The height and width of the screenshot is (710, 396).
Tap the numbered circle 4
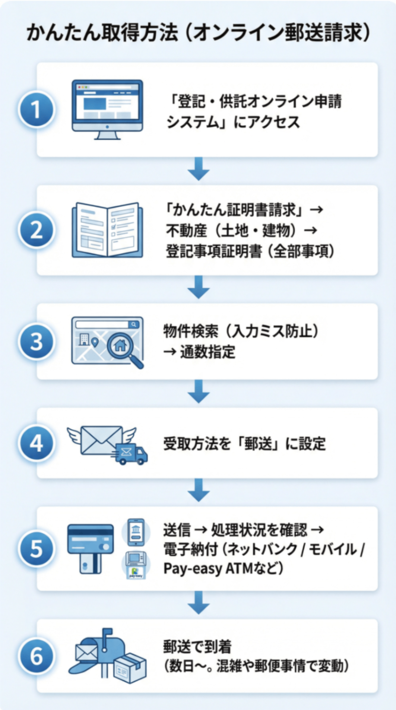pos(36,443)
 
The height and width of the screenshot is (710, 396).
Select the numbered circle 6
pos(36,656)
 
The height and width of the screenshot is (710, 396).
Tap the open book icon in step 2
pos(107,230)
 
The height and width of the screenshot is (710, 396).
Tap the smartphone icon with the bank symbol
pos(136,532)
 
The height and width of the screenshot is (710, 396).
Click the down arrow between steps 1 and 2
pos(199,169)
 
